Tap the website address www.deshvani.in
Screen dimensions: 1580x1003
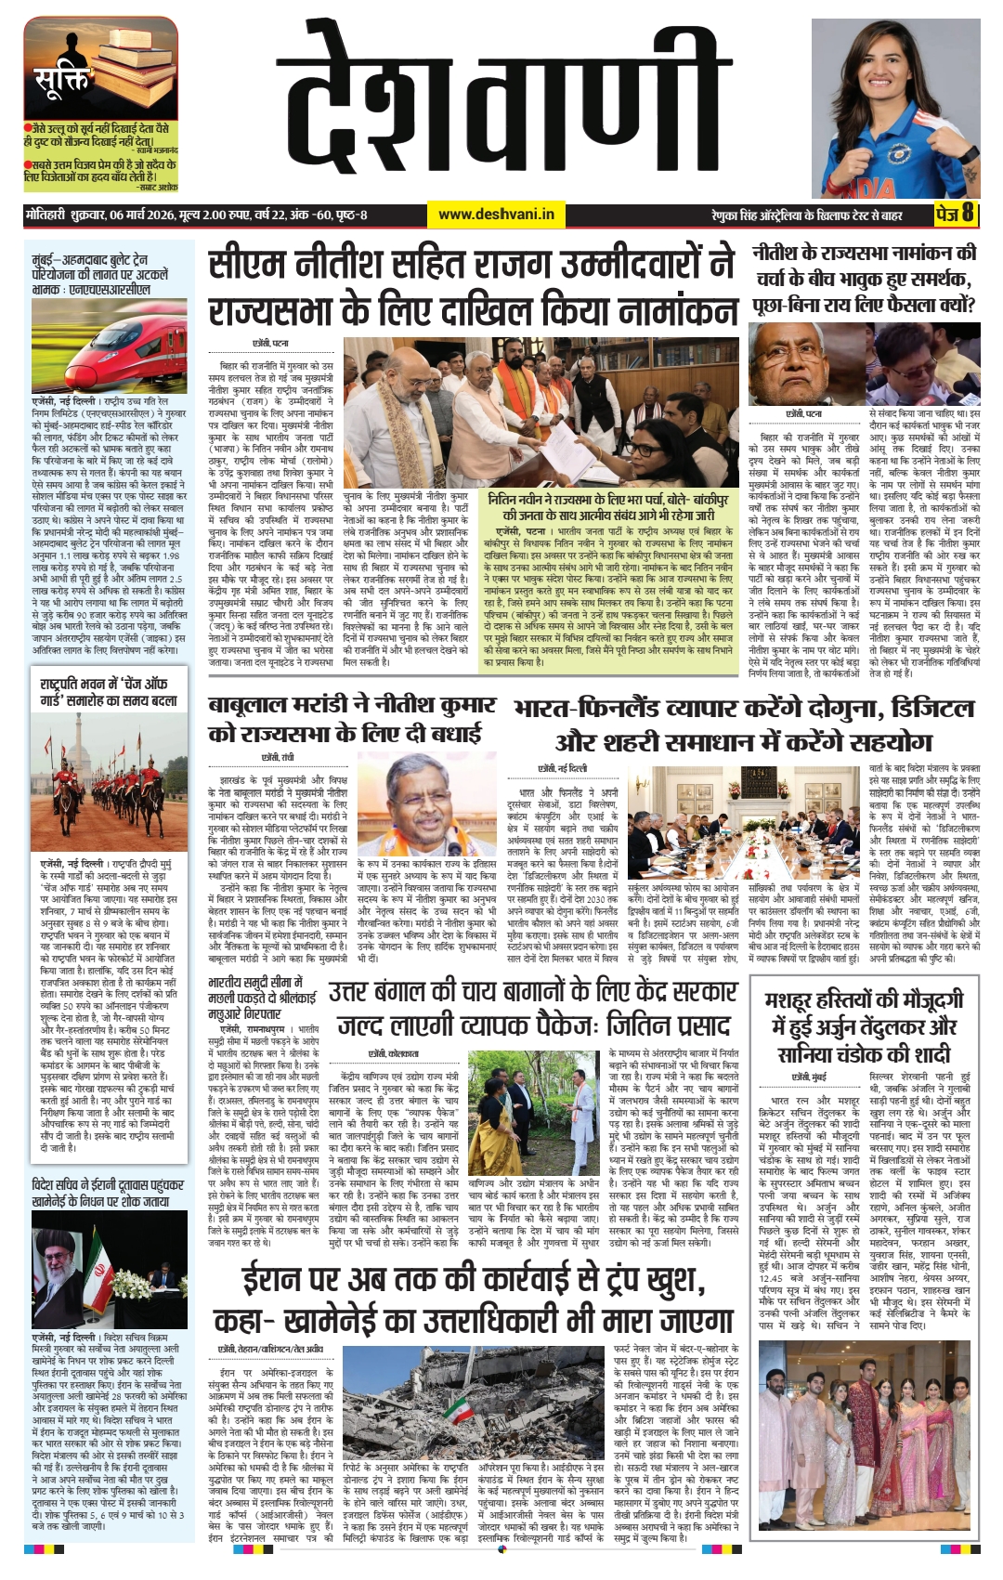496,215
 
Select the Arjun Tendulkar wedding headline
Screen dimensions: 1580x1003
864,1026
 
